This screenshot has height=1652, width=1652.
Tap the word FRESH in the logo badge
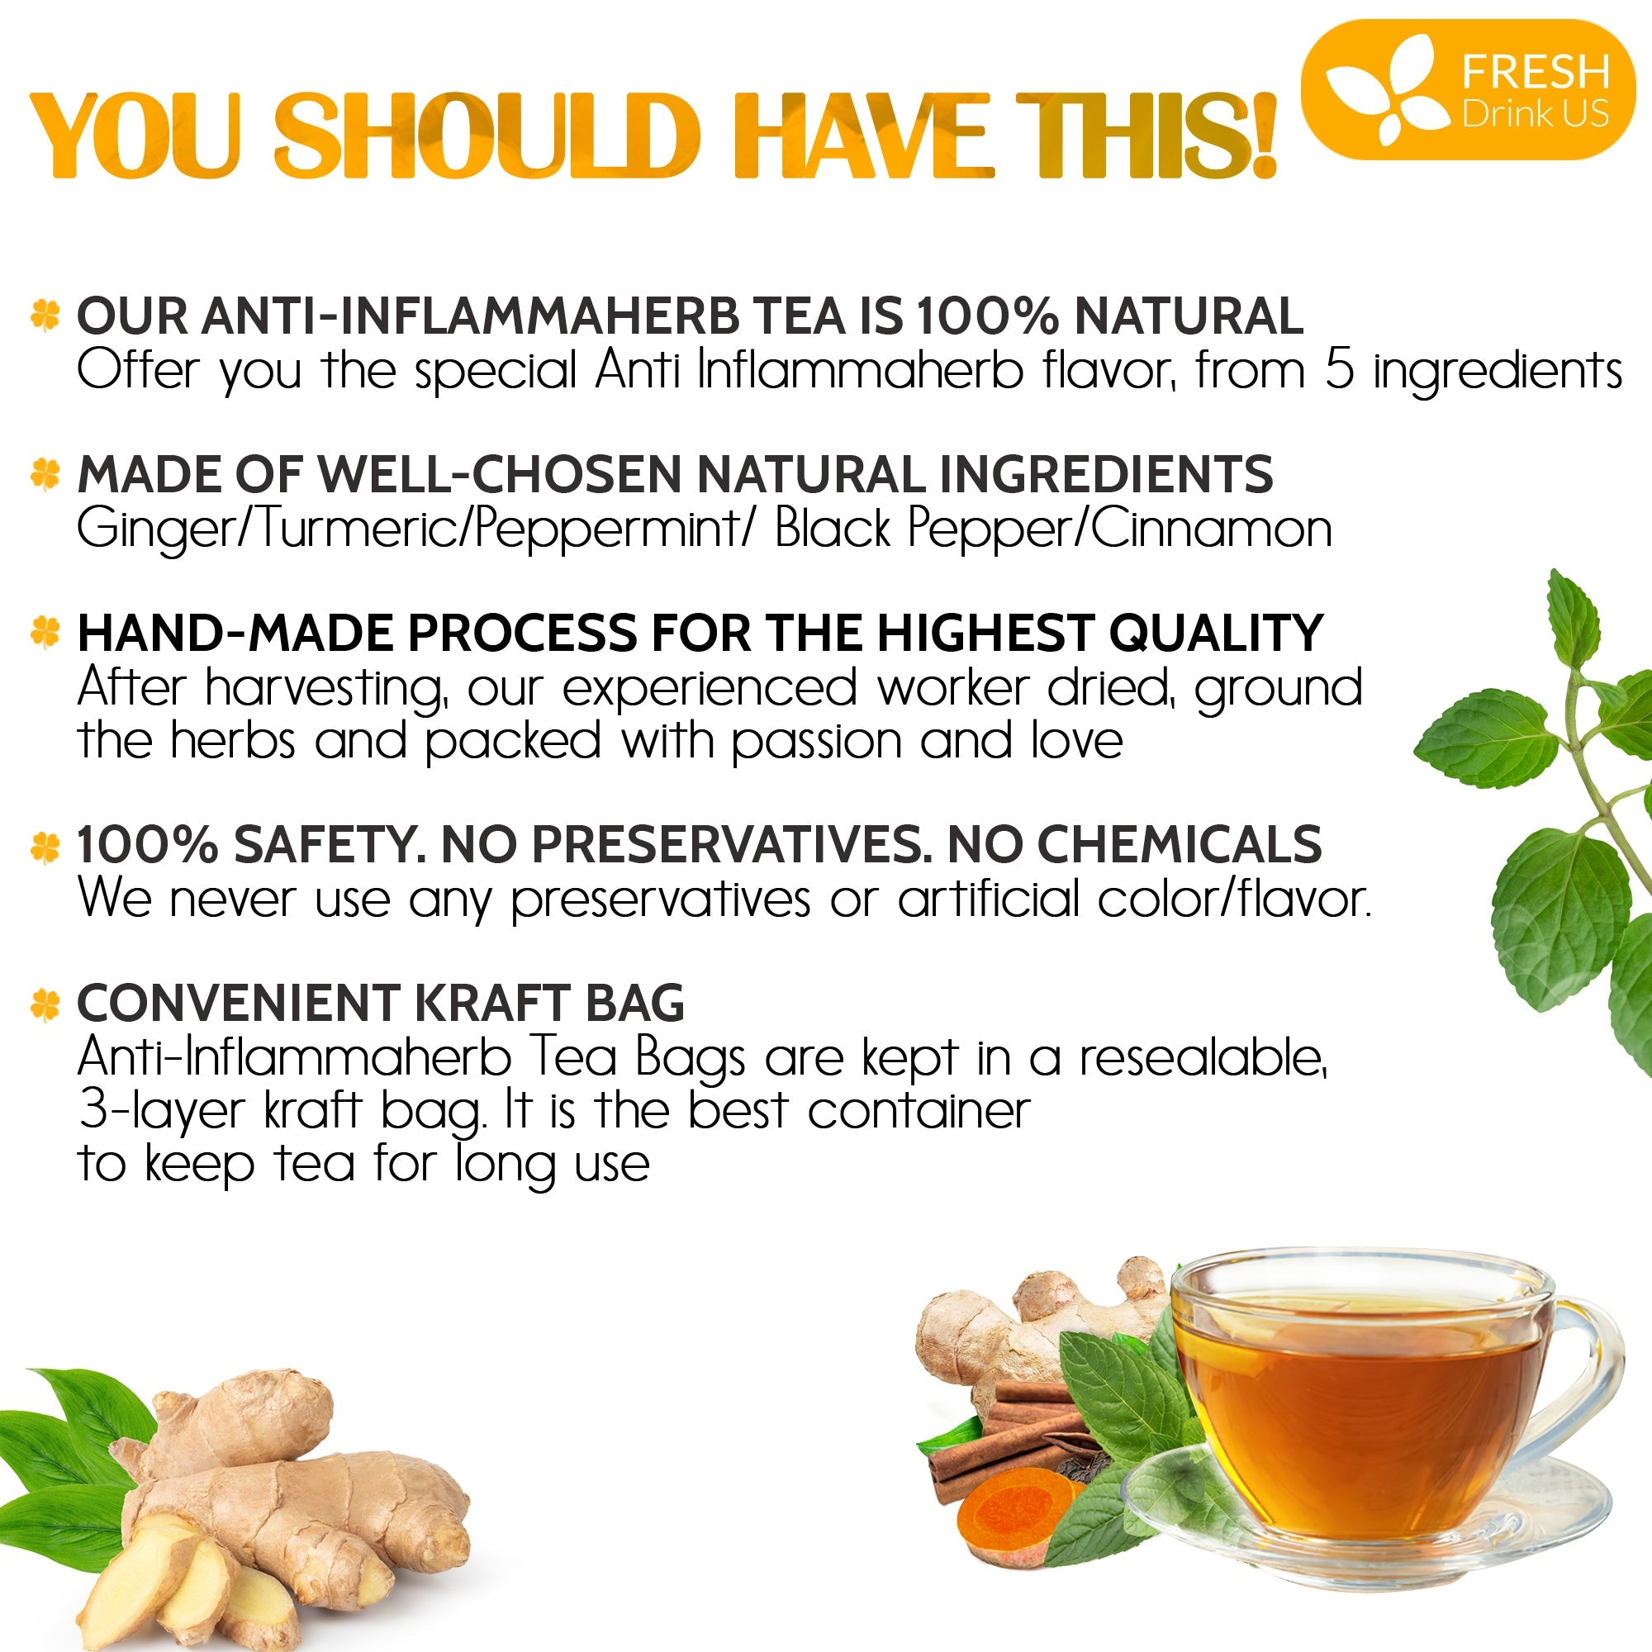(1535, 72)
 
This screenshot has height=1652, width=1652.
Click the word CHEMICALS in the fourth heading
(1180, 844)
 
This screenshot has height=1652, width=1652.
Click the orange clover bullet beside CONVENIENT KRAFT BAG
(45, 1004)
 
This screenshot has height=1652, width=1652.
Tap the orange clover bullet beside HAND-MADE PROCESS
(45, 632)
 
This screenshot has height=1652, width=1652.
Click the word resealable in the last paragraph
(1201, 1059)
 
